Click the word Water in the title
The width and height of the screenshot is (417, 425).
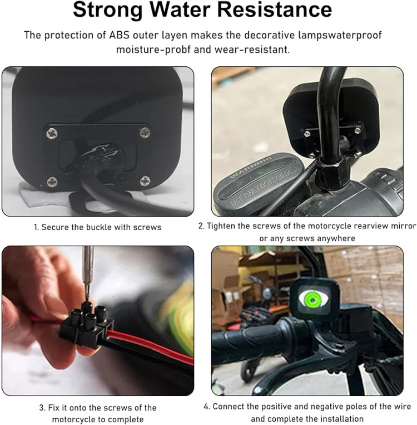[x=180, y=9]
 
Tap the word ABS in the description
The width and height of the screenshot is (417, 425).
[x=120, y=35]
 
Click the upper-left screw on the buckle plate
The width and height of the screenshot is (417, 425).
[x=52, y=133]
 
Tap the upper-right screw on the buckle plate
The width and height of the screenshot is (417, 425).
[x=145, y=132]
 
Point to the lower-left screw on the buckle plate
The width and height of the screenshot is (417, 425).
[x=52, y=182]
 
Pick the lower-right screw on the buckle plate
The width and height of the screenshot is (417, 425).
[x=145, y=181]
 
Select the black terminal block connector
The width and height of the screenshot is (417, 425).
[x=86, y=325]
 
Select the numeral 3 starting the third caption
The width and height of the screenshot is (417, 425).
[x=42, y=408]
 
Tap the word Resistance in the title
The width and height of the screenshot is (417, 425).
[x=275, y=9]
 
